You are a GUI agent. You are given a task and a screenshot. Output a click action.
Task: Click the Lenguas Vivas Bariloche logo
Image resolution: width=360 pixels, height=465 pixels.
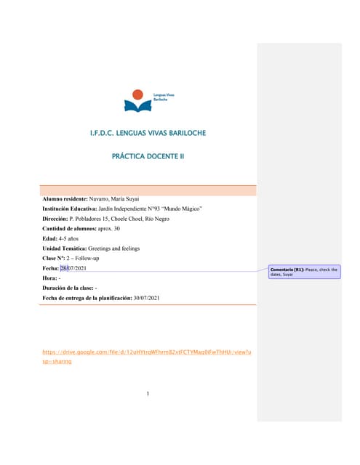[148, 100]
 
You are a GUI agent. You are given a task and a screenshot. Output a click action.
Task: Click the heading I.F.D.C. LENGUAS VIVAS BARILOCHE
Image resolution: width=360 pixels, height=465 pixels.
[148, 134]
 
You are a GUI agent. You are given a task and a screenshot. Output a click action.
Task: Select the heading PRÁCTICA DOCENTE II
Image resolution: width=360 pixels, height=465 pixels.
[148, 155]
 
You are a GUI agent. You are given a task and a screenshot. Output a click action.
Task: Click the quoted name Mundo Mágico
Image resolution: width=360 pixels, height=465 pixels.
[182, 209]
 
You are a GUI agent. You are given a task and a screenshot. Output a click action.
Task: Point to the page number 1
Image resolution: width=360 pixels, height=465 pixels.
[148, 395]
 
